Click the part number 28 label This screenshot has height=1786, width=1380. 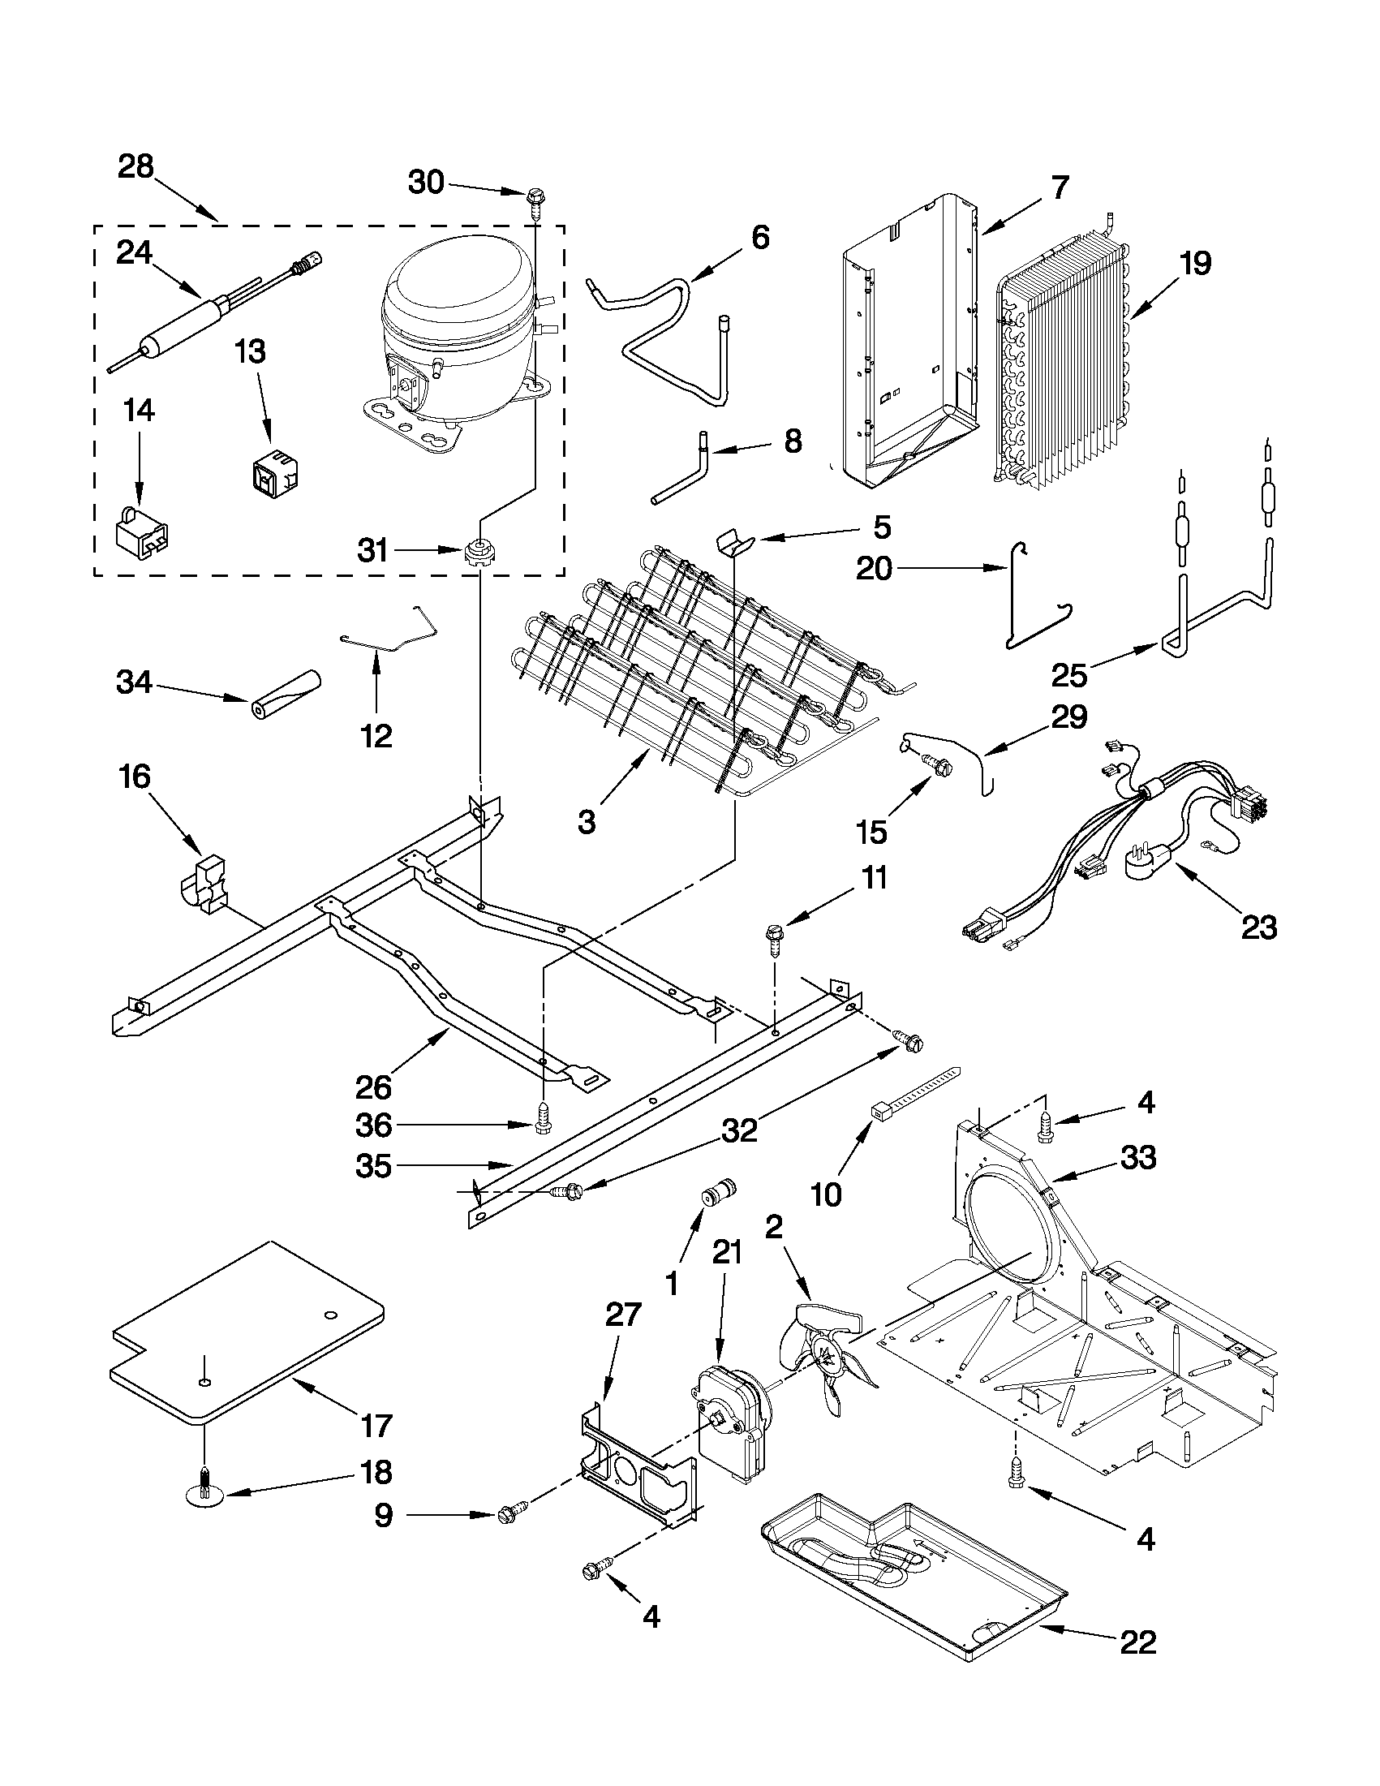click(135, 167)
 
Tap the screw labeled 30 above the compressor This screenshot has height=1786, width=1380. click(535, 198)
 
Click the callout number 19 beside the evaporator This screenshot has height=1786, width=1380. click(1195, 265)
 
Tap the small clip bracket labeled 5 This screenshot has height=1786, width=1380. click(734, 542)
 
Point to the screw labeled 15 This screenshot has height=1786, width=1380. click(939, 765)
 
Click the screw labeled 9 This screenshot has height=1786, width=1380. click(510, 1514)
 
